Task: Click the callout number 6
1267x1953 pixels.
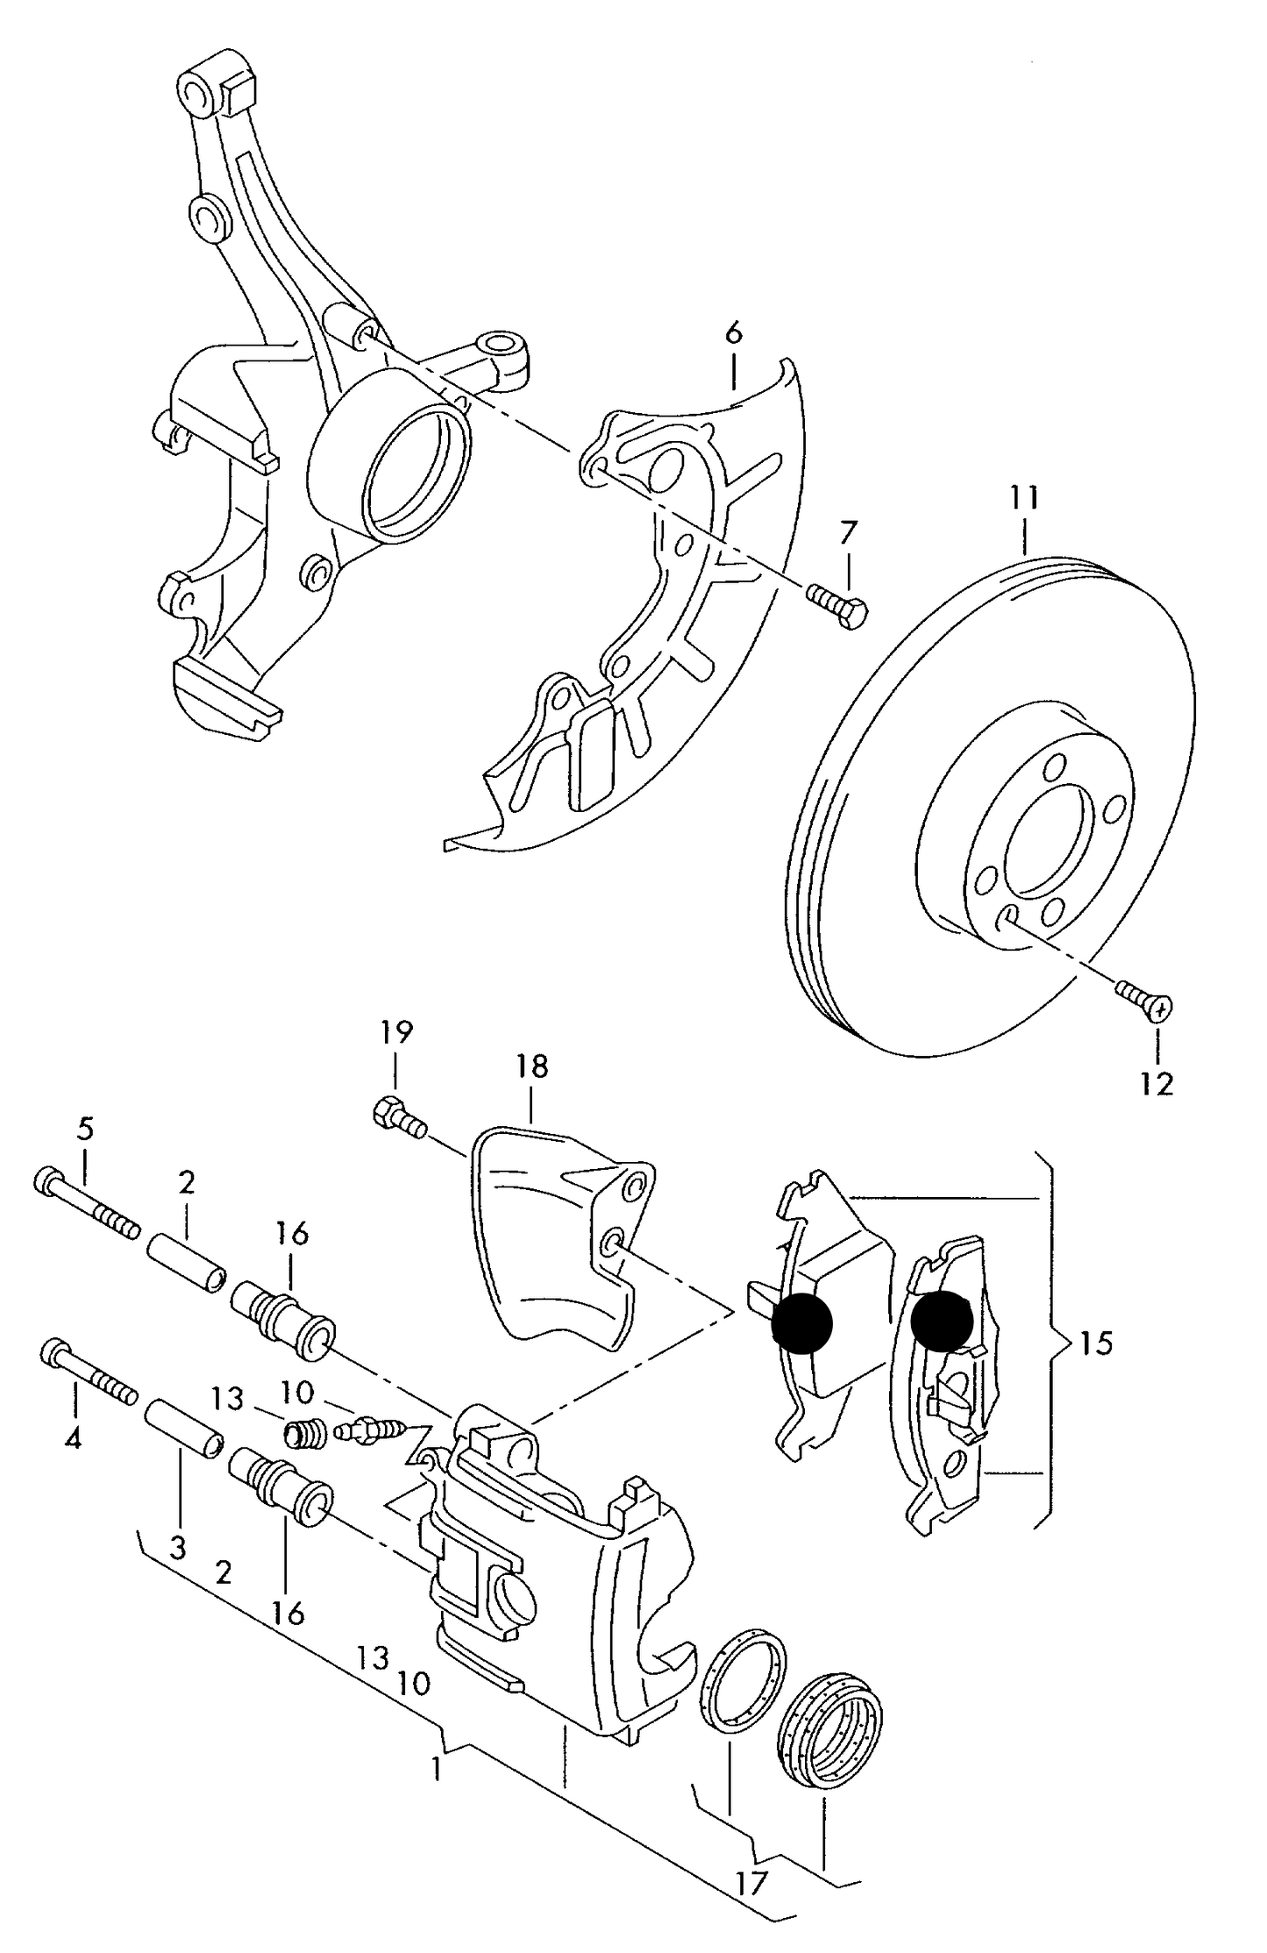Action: point(733,332)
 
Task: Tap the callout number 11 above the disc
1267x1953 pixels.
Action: point(1022,498)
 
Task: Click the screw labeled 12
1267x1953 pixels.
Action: point(1145,1000)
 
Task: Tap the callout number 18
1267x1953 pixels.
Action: point(531,1066)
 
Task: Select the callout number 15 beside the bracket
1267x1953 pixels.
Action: point(1095,1343)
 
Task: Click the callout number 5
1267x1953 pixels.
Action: point(84,1129)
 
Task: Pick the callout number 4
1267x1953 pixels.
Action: point(73,1439)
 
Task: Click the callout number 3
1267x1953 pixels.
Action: point(178,1549)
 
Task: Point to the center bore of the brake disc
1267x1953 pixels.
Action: point(1047,847)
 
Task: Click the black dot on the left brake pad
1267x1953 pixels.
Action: point(801,1323)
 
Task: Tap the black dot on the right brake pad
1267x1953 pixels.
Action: point(942,1319)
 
